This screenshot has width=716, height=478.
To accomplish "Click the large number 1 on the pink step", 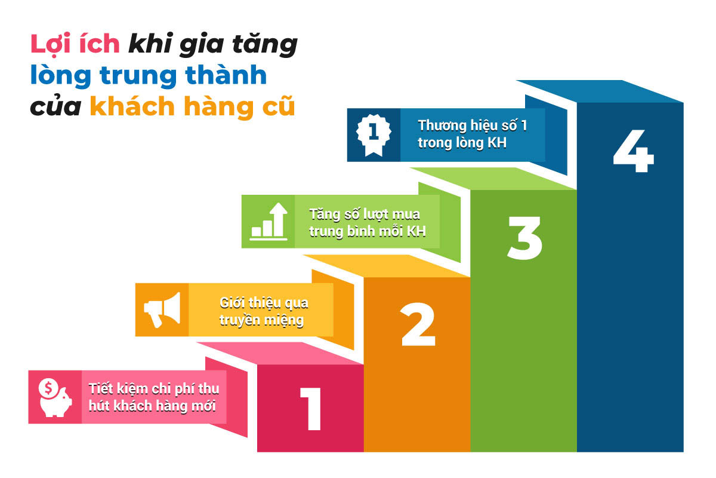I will click(311, 409).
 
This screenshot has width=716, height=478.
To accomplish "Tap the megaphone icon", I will click(162, 309).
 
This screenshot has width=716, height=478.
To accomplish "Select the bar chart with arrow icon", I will click(269, 220).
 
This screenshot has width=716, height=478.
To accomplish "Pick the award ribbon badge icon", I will click(374, 134).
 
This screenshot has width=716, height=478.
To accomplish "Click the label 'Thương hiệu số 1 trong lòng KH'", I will click(472, 134).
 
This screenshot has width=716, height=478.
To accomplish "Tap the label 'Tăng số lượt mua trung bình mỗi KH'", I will click(368, 222).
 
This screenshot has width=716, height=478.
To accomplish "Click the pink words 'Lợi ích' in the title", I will click(75, 45).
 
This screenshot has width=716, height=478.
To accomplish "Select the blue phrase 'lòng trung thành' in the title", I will click(149, 76).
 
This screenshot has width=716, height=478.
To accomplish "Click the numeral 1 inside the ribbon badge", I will click(374, 131).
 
